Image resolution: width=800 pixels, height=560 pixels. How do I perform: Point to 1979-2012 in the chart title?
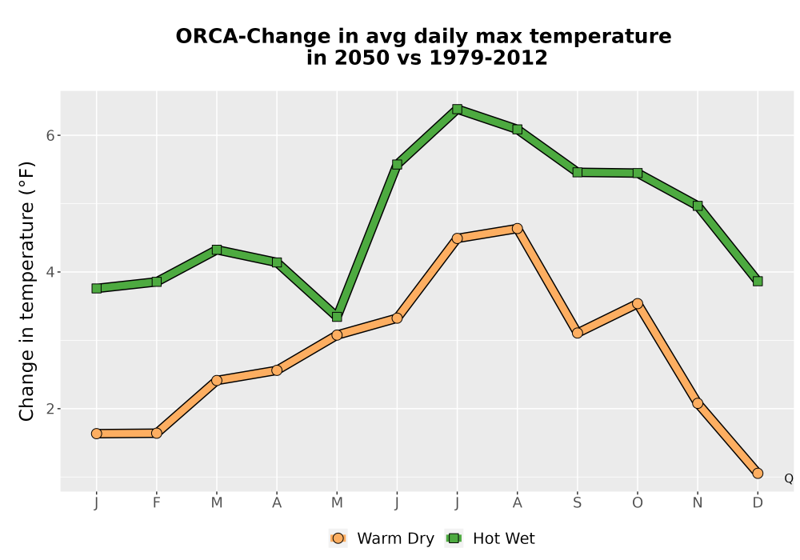coord(488,58)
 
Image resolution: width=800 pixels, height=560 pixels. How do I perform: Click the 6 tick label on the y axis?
coord(50,135)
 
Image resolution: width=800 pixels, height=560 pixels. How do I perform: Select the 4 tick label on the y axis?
coord(50,272)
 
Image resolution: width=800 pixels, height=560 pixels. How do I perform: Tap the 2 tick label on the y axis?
coord(50,409)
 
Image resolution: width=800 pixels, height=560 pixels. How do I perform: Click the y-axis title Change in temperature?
coord(26,291)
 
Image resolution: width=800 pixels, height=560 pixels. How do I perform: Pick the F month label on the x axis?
coord(157,502)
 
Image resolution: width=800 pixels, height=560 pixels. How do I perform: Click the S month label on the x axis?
coord(577,502)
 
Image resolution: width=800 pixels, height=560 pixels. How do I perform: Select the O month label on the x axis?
coord(638,502)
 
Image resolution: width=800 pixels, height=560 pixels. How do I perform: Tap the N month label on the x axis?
coord(698,502)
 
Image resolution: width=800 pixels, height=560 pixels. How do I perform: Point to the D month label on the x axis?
coord(758,502)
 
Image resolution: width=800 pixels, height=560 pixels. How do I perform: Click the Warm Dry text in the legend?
coord(395,538)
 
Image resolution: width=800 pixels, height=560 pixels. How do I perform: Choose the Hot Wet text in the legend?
coord(504,538)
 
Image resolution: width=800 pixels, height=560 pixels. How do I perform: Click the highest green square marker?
coord(457,109)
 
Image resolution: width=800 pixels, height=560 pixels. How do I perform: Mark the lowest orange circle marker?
coord(758,474)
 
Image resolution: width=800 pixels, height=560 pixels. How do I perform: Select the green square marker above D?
coord(758,281)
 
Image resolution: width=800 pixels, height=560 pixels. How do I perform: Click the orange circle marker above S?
coord(577,333)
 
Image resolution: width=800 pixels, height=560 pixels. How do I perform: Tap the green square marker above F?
coord(157,282)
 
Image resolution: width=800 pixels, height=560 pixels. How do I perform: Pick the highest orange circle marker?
coord(518,228)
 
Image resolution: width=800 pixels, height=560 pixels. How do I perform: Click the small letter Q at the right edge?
coord(789,478)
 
